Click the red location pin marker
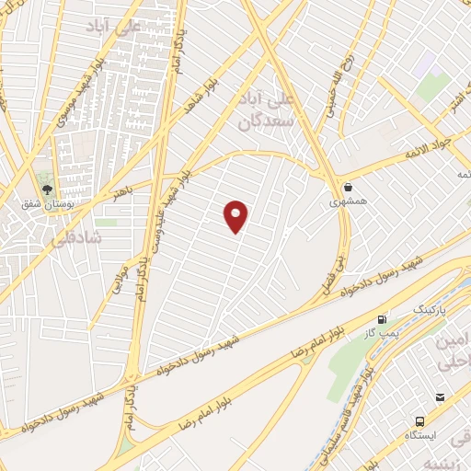click(x=236, y=215)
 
